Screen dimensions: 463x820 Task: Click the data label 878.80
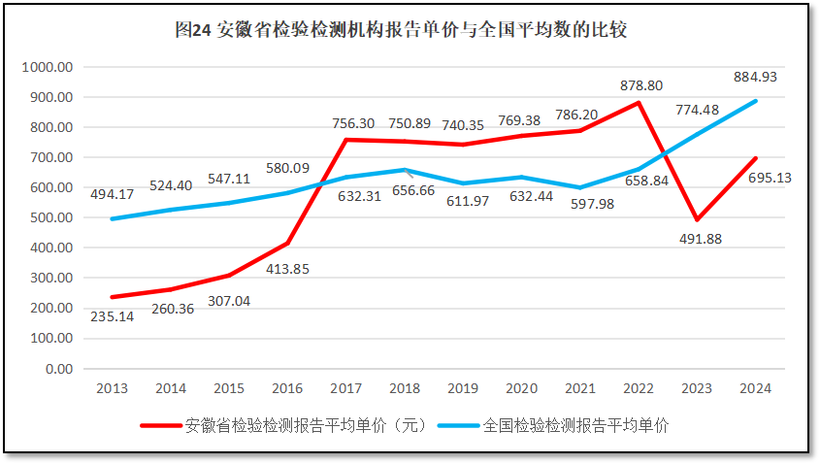641,85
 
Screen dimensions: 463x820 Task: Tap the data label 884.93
755,77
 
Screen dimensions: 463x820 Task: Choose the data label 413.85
287,268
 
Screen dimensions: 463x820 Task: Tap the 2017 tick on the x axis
346,388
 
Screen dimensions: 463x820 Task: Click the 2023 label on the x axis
697,388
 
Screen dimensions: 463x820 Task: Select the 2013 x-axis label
112,388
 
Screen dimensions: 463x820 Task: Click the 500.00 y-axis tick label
53,218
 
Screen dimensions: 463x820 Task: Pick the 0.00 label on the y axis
60,369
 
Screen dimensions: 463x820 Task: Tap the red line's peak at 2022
639,103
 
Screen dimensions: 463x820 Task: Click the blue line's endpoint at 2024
755,101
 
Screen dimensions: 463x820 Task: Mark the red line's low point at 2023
697,219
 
